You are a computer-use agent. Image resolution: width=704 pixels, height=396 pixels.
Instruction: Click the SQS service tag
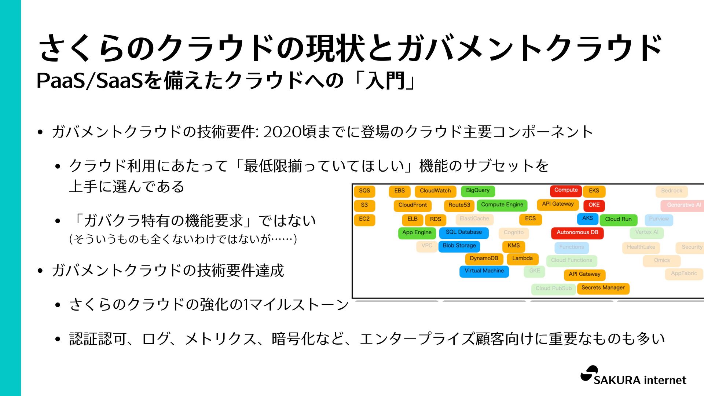point(364,191)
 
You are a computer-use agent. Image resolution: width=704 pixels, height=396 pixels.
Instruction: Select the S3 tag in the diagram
point(364,205)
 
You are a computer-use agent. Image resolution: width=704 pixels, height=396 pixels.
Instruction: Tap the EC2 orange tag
point(364,219)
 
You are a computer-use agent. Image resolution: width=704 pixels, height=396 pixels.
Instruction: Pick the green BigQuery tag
point(478,191)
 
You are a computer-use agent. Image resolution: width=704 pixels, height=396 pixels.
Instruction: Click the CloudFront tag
point(412,205)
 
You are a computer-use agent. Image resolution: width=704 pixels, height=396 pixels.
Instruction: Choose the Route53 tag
point(459,205)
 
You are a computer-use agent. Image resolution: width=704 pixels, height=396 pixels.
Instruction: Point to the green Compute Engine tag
point(502,205)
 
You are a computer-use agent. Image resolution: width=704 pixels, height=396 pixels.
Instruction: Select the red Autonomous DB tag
point(577,232)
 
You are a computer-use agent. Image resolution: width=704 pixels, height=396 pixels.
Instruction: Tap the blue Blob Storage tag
point(459,246)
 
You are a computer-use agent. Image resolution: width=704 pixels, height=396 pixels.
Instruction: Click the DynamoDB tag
point(484,258)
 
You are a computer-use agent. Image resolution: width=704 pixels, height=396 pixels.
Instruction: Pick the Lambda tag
point(522,258)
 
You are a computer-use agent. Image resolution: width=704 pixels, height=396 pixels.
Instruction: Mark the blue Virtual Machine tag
point(484,271)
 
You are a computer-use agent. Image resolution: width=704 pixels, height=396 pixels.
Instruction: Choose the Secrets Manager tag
point(603,288)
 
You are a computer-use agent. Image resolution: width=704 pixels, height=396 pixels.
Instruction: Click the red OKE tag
point(594,205)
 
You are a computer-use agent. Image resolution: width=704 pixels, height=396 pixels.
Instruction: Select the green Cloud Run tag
point(618,219)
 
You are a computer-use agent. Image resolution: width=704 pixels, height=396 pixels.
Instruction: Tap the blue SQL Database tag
point(464,232)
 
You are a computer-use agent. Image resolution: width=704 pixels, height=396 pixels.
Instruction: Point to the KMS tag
point(513,246)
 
